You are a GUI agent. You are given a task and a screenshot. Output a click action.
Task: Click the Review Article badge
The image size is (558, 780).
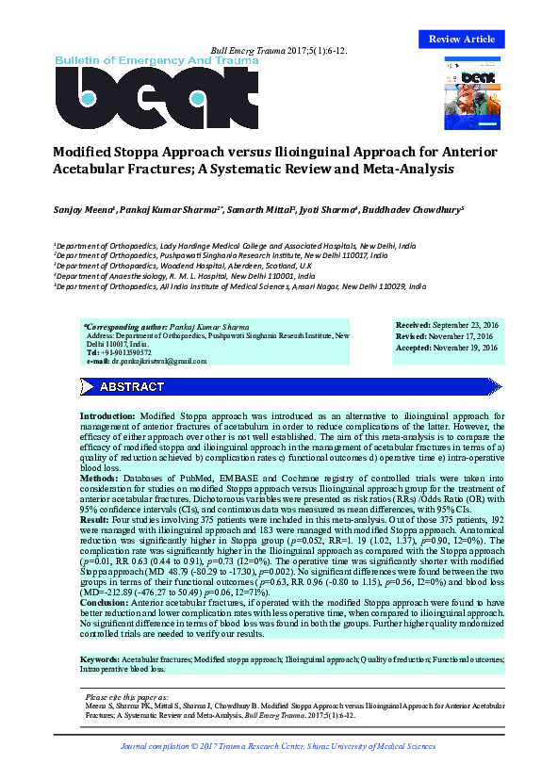461,39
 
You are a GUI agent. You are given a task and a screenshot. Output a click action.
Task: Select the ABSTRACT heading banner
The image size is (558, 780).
132,387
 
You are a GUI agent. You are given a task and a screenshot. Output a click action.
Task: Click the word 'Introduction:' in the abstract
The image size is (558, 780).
107,414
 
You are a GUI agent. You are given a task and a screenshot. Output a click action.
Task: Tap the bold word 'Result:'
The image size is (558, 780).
95,519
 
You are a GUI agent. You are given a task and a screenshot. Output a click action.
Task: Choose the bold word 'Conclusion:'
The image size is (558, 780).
104,603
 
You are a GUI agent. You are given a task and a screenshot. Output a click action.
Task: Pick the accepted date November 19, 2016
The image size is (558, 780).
469,348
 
